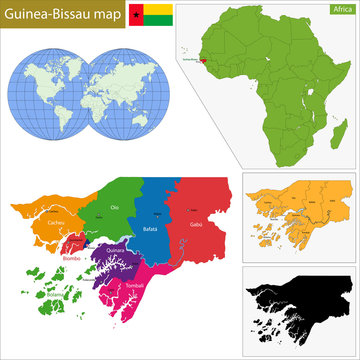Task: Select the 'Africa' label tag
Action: pos(339,9)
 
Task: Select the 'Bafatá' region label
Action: pos(151,230)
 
